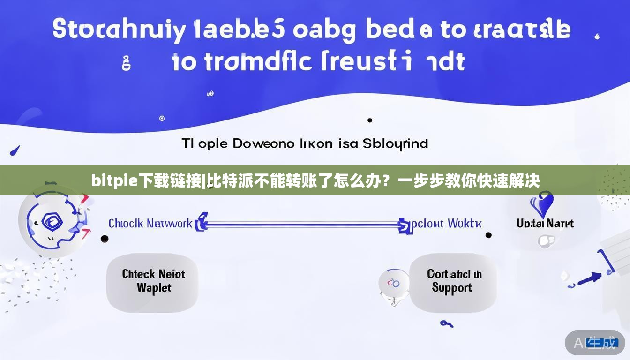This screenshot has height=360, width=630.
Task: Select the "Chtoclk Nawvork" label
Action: [150, 224]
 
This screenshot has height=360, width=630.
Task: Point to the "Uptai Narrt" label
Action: [545, 224]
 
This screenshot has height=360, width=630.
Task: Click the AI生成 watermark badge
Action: [595, 343]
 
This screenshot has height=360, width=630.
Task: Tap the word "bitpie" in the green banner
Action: [110, 180]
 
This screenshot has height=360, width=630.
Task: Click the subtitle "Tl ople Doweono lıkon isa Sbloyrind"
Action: [305, 143]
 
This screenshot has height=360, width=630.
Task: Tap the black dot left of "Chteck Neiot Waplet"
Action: [105, 239]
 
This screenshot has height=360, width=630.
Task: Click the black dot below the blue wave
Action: [370, 120]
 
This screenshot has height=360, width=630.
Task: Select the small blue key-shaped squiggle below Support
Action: [446, 323]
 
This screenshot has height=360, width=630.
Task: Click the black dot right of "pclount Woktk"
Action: [488, 235]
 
